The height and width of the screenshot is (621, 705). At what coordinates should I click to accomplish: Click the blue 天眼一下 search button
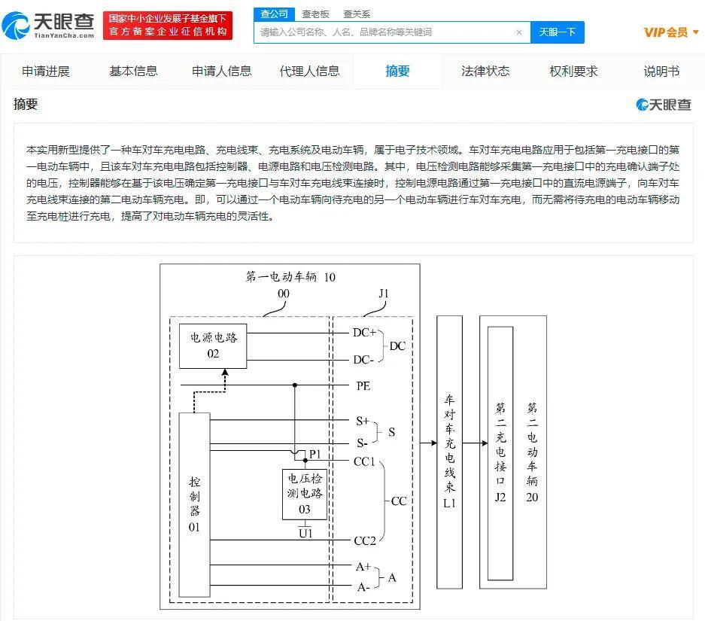coord(557,32)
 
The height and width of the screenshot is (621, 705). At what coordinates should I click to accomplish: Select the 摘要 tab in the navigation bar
coord(397,71)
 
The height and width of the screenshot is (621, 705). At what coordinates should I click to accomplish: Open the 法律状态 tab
coord(485,71)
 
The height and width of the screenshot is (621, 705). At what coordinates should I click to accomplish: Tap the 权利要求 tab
coord(573,71)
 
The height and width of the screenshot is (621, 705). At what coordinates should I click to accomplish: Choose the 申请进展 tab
coord(45,71)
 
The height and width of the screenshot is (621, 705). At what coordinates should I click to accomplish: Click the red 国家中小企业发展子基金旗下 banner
coord(168,25)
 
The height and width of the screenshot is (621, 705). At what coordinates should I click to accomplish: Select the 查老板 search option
coord(315,14)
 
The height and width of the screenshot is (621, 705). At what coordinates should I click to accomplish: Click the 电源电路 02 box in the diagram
coord(213,346)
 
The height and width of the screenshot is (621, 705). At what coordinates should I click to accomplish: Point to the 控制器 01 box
coord(194,504)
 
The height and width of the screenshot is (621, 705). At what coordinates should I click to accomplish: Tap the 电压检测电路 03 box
coord(305,495)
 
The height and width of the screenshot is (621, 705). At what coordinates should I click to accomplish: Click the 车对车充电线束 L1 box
coord(450,452)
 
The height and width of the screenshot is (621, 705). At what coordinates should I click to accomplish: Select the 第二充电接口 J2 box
coord(500,453)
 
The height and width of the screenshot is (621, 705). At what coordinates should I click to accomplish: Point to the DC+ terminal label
coord(364,333)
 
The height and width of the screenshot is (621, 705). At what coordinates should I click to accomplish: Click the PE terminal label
coord(363,386)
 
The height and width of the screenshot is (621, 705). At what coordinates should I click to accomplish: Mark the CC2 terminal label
coord(365,540)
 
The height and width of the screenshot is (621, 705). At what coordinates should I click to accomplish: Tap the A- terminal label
coord(363,587)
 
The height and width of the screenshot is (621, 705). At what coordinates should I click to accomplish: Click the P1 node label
coord(315,454)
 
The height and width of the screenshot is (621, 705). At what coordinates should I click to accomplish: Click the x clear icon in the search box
coord(519,32)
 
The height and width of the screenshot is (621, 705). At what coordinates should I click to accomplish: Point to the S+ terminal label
coord(363,421)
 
